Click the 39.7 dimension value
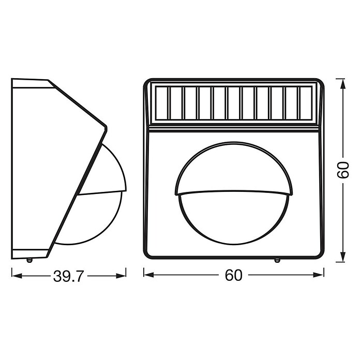tap(68, 276)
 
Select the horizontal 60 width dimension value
tap(233, 275)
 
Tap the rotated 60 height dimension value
tap(343, 170)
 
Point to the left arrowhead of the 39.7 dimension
tap(17, 276)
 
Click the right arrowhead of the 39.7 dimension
tap(121, 276)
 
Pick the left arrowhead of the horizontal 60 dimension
tap(149, 275)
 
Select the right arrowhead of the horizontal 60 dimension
tap(319, 275)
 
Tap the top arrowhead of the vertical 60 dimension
tap(343, 84)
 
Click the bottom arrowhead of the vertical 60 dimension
tap(343, 256)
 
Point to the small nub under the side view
tap(29, 260)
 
